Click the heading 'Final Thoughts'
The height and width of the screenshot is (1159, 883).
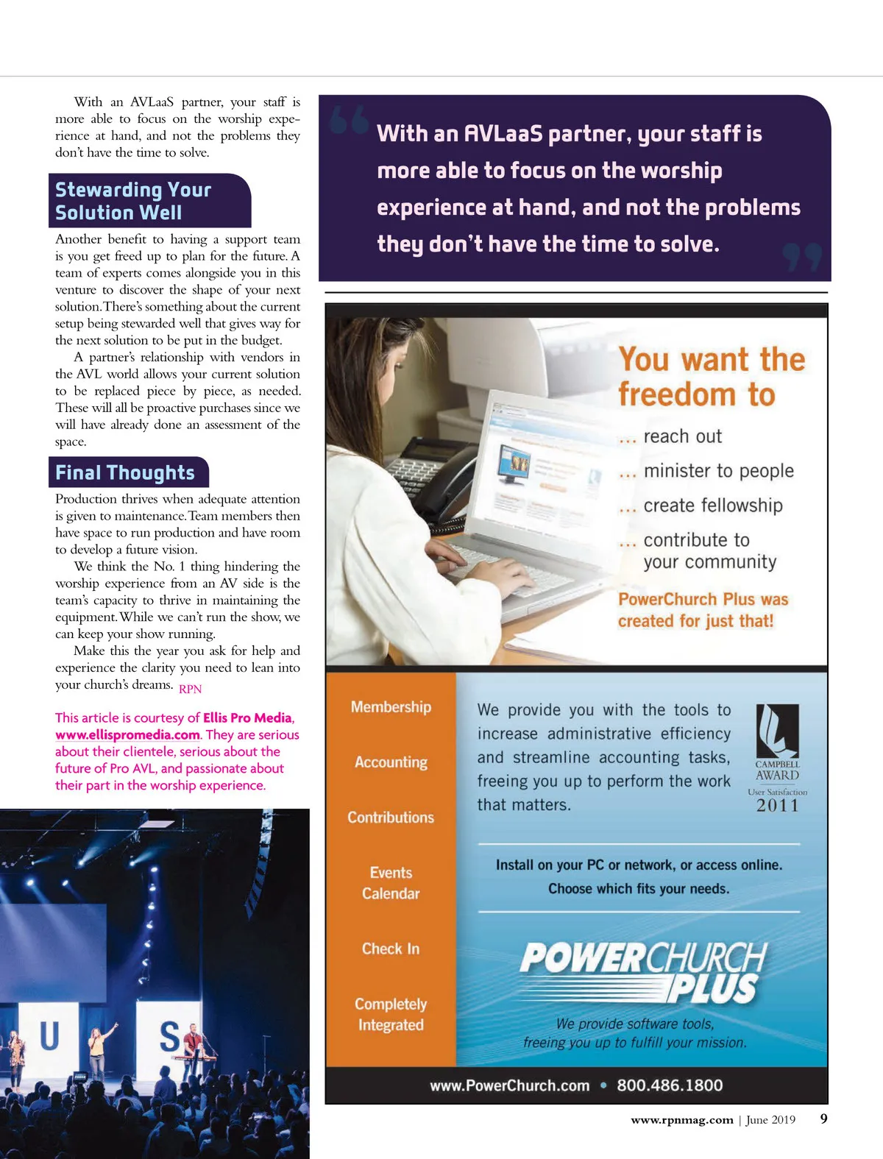tap(125, 472)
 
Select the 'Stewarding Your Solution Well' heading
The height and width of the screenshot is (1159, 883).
tap(133, 201)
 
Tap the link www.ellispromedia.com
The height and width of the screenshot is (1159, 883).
tap(127, 734)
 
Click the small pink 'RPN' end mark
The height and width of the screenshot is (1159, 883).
tap(190, 689)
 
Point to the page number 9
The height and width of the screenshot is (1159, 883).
tap(823, 1119)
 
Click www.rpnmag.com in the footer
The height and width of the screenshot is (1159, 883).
tap(681, 1120)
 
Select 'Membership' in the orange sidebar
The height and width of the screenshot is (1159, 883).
tap(391, 707)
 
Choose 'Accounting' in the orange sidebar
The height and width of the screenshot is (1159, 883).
tap(391, 762)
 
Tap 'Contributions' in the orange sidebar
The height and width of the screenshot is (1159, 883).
tap(391, 818)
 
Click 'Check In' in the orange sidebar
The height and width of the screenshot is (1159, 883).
tap(391, 949)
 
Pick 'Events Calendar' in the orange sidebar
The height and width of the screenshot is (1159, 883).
tap(391, 883)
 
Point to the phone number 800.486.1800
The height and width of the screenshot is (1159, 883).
tap(670, 1085)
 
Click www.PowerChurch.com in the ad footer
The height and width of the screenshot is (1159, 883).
tap(510, 1085)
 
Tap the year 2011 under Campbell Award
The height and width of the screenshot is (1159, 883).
tap(777, 806)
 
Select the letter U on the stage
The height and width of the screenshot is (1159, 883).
tap(49, 1036)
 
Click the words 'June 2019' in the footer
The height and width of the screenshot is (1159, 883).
tap(770, 1120)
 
